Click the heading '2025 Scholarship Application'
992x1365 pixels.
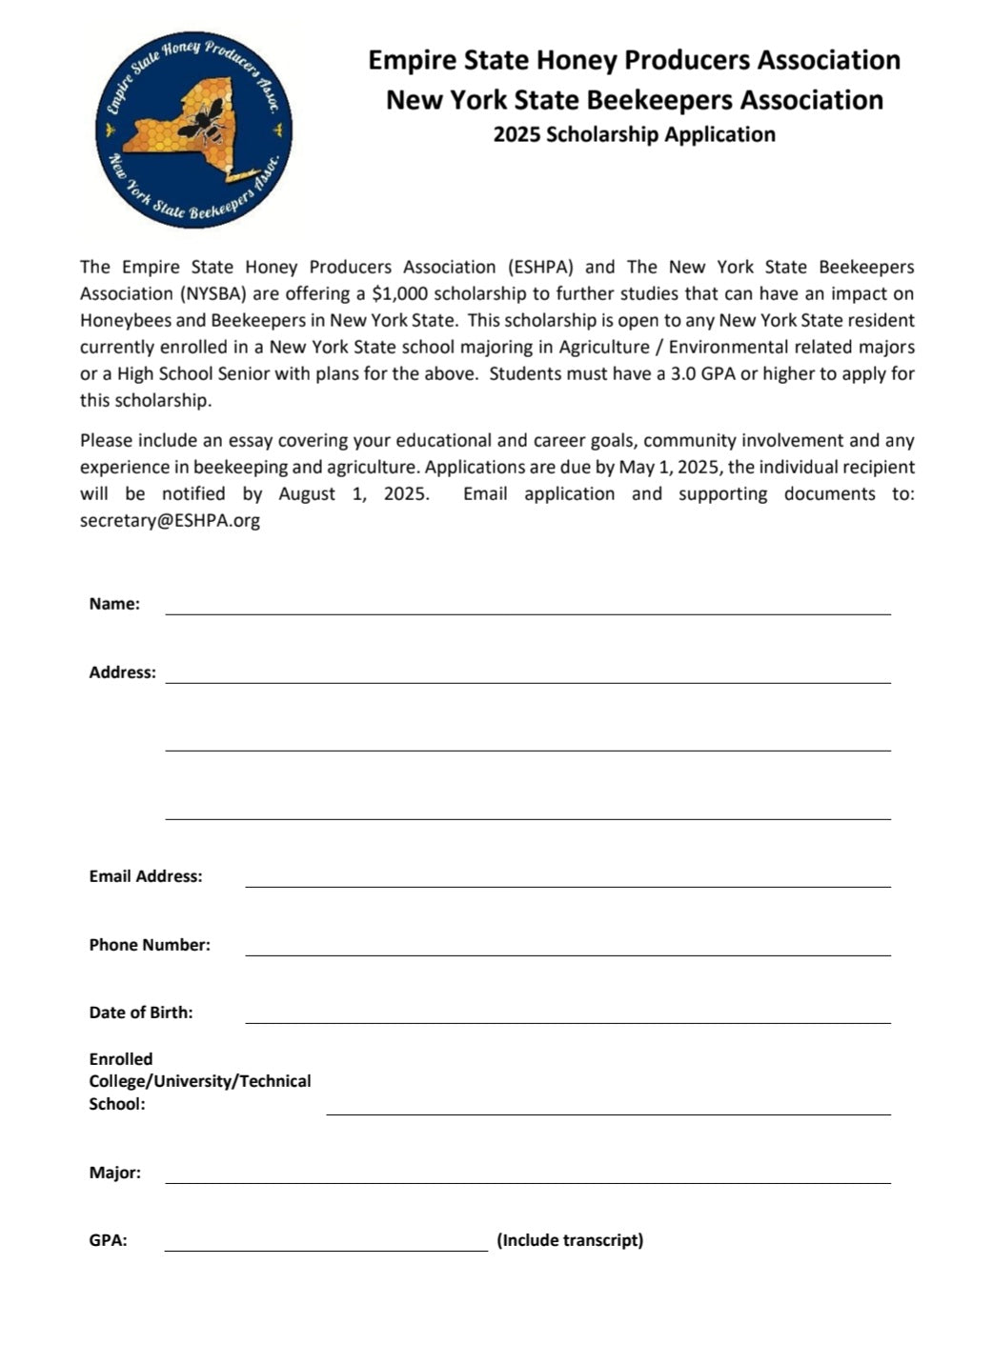pos(634,134)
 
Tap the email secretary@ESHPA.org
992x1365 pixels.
pos(170,520)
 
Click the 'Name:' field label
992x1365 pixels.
pos(114,604)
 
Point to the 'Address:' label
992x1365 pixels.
pos(122,672)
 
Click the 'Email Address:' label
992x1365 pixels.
pos(146,876)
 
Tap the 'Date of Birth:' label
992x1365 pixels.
pos(141,1013)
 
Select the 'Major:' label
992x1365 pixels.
pos(115,1173)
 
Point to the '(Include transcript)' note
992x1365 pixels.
pos(570,1240)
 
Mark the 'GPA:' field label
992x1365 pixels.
pos(108,1240)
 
